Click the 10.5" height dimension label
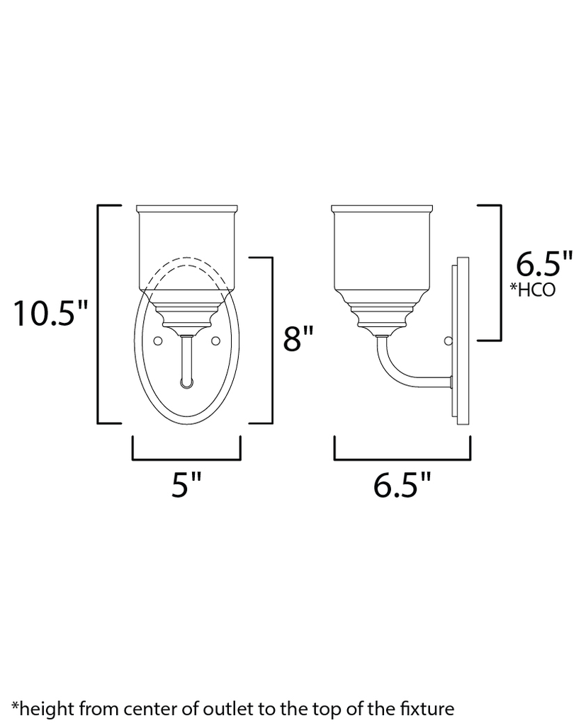tap(49, 313)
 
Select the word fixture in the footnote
tap(427, 707)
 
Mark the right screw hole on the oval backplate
tap(215, 342)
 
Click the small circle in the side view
tap(446, 342)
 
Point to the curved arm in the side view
tap(397, 365)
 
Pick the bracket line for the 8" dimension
tap(271, 340)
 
